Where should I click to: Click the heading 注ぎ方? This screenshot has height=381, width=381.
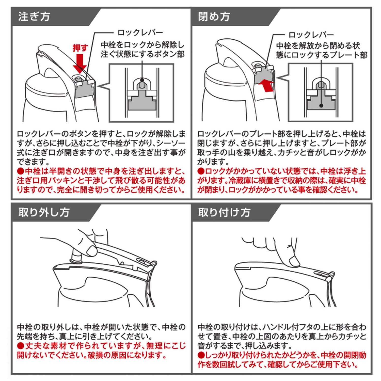[x=34, y=17]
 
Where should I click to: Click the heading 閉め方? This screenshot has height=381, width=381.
[x=214, y=17]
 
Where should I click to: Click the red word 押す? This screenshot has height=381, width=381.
[x=80, y=48]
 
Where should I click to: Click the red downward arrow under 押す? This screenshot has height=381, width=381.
[x=80, y=63]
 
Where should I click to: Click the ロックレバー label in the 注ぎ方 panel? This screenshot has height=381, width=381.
[x=140, y=33]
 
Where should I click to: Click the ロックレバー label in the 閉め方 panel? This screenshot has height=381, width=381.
[x=311, y=35]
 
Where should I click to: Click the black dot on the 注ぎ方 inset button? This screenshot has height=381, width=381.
[x=142, y=81]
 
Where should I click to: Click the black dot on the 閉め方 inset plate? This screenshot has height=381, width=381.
[x=321, y=105]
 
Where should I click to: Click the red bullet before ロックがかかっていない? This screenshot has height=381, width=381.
[x=201, y=171]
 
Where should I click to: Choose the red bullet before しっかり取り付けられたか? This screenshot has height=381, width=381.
[x=201, y=355]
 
